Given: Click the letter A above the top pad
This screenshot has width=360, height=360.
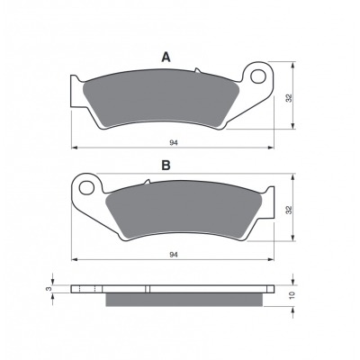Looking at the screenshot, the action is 166,57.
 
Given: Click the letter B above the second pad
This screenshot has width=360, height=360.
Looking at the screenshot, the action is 166,165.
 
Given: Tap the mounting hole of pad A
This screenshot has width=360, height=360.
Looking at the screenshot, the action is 258,76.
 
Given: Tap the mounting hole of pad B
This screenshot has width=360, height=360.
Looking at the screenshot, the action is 86,188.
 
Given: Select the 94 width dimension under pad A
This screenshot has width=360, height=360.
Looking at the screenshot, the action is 174,143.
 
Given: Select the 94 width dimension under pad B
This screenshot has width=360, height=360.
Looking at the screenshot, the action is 174,255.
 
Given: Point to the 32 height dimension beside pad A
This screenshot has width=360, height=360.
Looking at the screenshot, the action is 289,98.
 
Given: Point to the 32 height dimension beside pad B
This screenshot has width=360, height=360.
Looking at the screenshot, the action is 289,210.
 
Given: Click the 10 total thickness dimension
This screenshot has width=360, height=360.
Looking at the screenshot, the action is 293,295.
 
